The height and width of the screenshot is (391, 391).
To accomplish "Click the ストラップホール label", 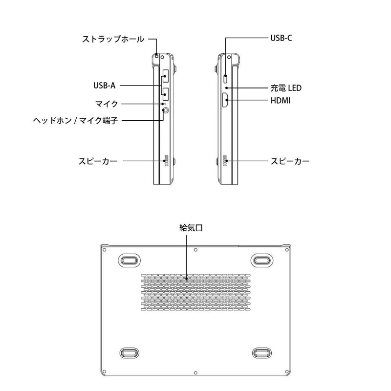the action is (x=113, y=39).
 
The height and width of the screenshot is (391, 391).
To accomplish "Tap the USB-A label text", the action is (x=105, y=86).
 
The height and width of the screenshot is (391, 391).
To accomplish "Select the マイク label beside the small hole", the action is (x=107, y=104).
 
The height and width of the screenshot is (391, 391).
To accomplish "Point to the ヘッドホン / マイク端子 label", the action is (x=76, y=121).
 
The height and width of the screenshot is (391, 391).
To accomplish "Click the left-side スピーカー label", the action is (x=98, y=161).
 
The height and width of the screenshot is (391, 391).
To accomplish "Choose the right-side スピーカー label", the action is (x=290, y=161).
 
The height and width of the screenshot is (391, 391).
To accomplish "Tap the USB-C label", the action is (x=282, y=38).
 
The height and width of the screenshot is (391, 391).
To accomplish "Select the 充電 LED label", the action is (x=286, y=88).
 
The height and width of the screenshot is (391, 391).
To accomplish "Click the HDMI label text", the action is (x=281, y=101).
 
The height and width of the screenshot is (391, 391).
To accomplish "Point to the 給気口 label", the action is (x=191, y=228).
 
